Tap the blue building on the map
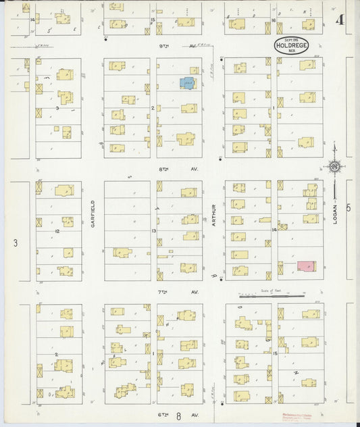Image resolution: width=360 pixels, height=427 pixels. pyautogui.click(x=186, y=83)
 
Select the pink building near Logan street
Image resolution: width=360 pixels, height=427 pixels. pyautogui.click(x=306, y=266)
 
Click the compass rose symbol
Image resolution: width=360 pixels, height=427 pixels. pyautogui.click(x=334, y=166)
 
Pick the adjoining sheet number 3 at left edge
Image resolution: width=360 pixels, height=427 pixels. pyautogui.click(x=15, y=241)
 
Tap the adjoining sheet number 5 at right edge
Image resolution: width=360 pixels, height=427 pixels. pyautogui.click(x=349, y=208)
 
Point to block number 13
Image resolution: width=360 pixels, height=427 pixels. pyautogui.click(x=154, y=231)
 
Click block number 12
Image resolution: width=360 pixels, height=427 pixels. pyautogui.click(x=58, y=231)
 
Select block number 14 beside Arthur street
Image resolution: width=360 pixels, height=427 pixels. pyautogui.click(x=274, y=230)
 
